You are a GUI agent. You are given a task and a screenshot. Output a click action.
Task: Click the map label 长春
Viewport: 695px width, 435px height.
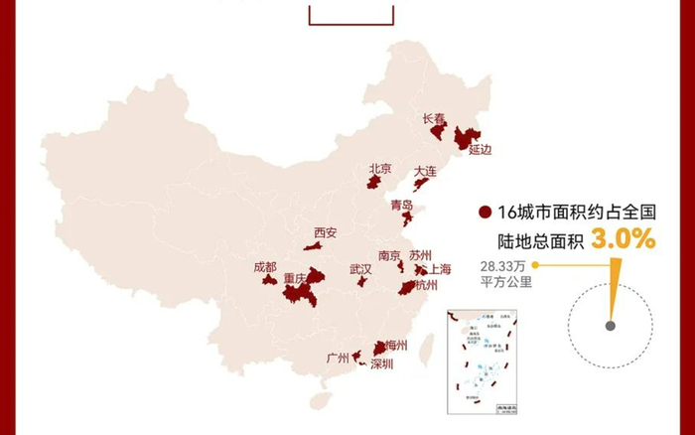click(x=434, y=118)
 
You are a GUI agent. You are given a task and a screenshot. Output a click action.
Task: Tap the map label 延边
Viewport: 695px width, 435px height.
click(x=481, y=150)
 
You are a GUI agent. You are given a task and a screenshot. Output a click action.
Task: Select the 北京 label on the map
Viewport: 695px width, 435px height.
click(x=379, y=169)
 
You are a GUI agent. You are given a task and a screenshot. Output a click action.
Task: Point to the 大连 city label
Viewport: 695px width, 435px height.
click(x=426, y=171)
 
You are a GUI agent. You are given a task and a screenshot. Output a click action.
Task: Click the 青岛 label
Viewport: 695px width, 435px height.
click(x=402, y=206)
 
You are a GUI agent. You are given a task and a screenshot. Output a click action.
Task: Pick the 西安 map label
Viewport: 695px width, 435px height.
click(x=326, y=233)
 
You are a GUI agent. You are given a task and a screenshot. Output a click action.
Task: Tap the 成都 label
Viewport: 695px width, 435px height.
click(x=265, y=266)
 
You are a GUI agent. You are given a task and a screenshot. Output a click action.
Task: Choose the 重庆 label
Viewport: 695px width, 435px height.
click(x=295, y=279)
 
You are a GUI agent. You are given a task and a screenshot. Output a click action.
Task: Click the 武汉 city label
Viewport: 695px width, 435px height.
click(x=360, y=269)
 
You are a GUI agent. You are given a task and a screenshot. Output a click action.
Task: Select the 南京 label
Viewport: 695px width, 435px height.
click(x=390, y=255)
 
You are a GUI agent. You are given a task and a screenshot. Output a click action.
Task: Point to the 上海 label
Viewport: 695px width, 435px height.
click(x=440, y=269)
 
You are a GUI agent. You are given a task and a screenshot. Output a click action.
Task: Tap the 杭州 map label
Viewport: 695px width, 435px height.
click(x=425, y=285)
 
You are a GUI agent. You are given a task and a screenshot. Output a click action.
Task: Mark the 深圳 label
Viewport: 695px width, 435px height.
click(x=382, y=364)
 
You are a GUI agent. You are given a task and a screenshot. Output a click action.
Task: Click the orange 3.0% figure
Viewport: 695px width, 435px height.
click(x=624, y=238)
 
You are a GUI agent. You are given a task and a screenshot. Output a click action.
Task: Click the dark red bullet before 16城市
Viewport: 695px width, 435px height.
click(x=485, y=212)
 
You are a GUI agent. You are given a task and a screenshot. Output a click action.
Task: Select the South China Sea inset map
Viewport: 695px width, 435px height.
click(x=479, y=358)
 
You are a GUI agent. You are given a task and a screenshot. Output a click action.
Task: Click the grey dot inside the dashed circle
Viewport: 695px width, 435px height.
click(x=610, y=325)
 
